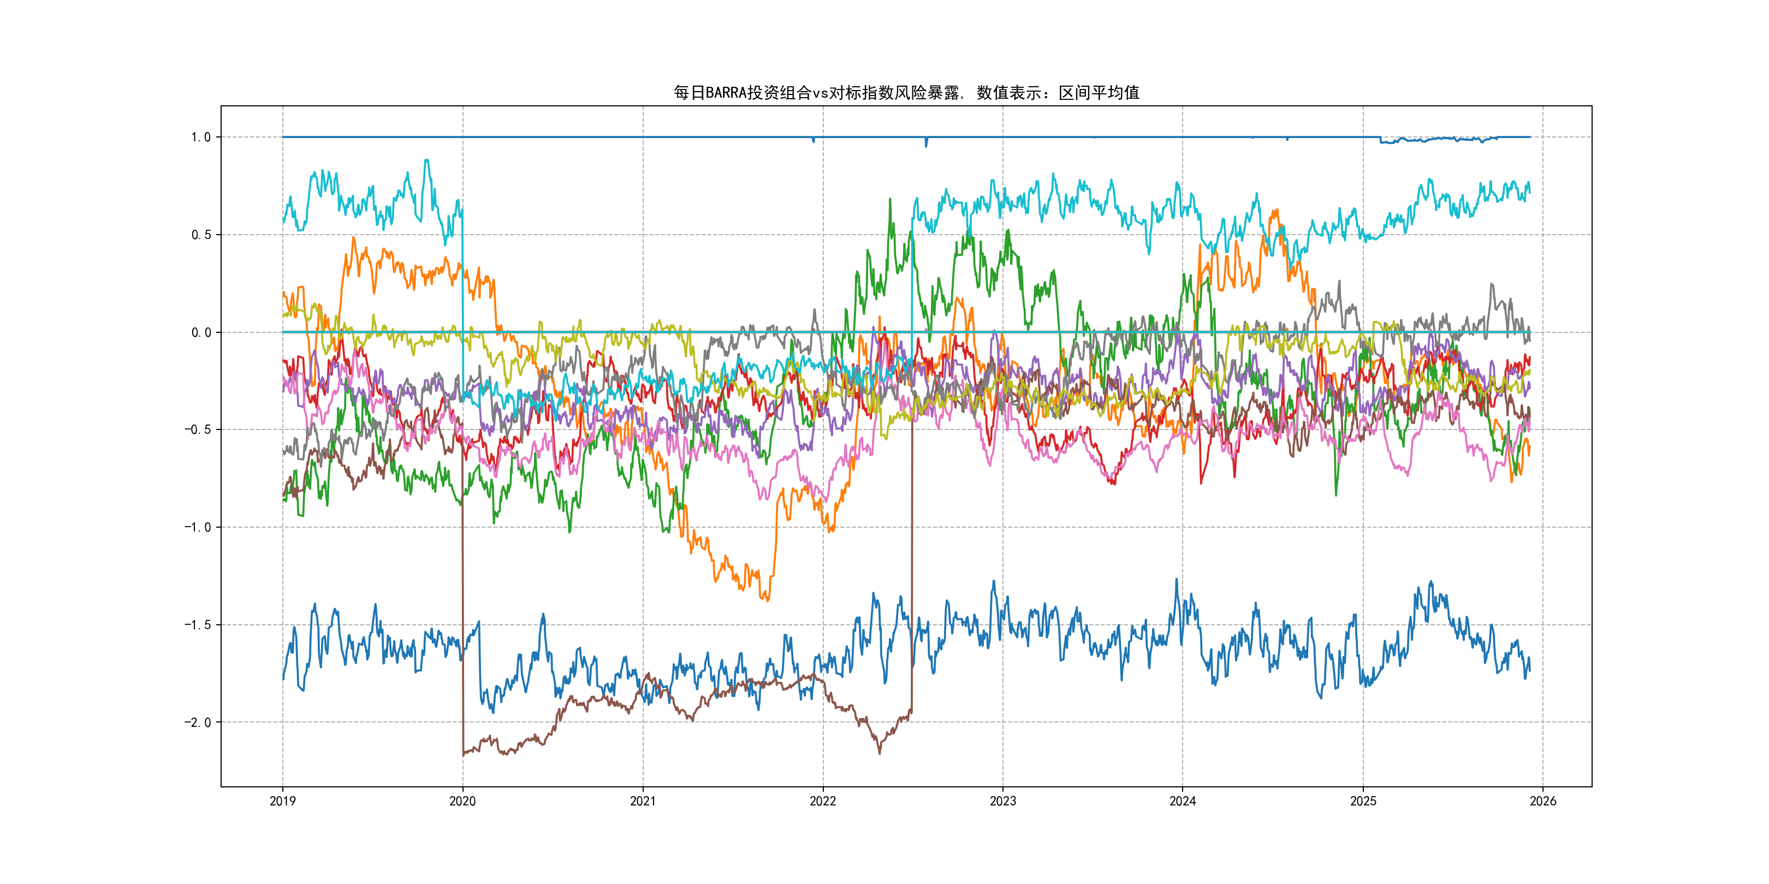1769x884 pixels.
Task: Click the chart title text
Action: tap(906, 93)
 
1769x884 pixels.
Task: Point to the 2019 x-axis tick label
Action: tap(282, 801)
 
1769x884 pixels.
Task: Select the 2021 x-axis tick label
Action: tap(643, 801)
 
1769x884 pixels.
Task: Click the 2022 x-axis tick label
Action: tap(823, 801)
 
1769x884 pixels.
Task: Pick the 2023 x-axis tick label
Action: tap(1002, 801)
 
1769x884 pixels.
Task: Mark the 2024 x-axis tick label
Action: tap(1183, 801)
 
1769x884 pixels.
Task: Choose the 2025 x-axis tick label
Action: tap(1363, 801)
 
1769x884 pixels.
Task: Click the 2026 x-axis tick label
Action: tap(1543, 801)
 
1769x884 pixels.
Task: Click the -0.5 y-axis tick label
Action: tap(197, 429)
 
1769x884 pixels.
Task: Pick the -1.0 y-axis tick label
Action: tap(197, 527)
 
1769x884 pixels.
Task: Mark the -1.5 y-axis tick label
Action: tap(197, 625)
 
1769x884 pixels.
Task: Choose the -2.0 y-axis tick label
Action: tap(197, 722)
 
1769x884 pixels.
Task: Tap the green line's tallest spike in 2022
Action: tap(890, 199)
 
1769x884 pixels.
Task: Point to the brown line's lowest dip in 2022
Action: tap(880, 754)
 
